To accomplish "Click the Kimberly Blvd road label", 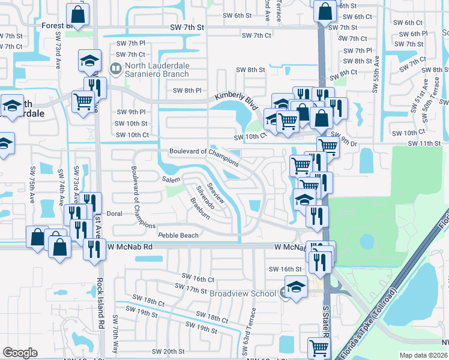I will click(236, 96).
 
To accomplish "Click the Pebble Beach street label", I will click(178, 235).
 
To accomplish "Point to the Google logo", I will click(20, 353).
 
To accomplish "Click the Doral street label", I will click(114, 213).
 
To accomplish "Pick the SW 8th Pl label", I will click(187, 91).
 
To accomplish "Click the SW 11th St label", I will click(424, 143).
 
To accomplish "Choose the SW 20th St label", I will click(167, 351).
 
